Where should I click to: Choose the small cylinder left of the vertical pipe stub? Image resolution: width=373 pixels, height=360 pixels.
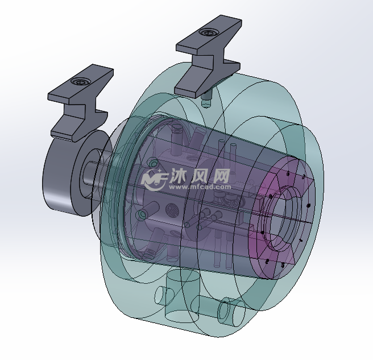163,295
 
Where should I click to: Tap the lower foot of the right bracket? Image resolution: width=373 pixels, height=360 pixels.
188,90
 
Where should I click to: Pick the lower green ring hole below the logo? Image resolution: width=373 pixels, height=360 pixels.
143,213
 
